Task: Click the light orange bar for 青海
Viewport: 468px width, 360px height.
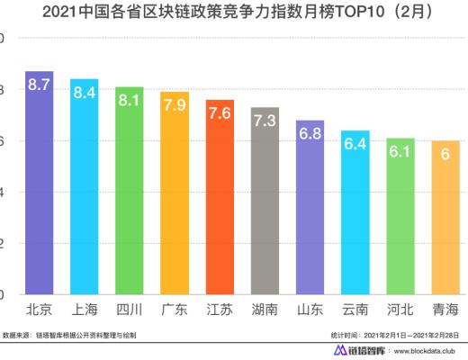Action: pos(445,225)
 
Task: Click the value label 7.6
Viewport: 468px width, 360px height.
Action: pos(220,114)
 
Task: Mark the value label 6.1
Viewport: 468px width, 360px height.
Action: pos(400,152)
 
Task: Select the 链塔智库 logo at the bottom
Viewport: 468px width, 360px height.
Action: pos(355,351)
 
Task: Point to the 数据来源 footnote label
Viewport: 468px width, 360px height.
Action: pos(18,333)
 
